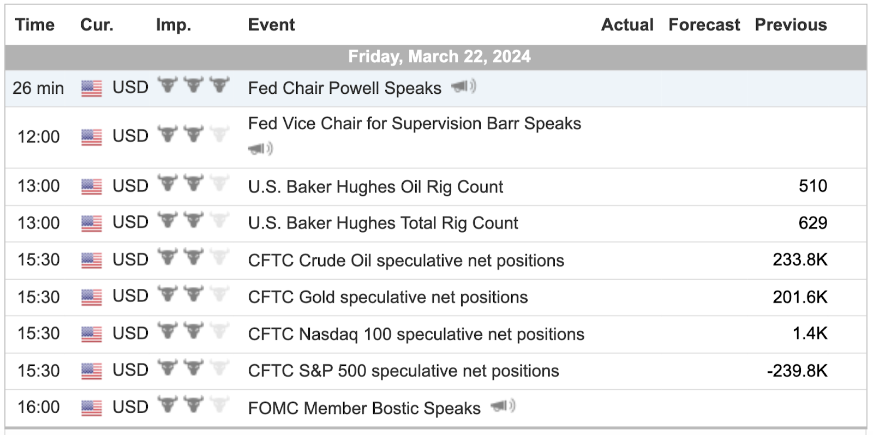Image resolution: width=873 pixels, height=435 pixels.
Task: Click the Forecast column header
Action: pyautogui.click(x=704, y=25)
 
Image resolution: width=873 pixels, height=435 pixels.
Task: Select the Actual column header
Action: pyautogui.click(x=627, y=25)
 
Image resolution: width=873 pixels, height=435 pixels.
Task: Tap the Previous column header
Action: pyautogui.click(x=791, y=25)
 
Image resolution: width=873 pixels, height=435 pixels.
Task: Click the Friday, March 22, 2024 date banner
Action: pyautogui.click(x=439, y=57)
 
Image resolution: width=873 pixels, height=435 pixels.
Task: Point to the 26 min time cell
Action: pyautogui.click(x=38, y=88)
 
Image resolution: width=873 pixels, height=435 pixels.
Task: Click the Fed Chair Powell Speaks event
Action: pyautogui.click(x=344, y=88)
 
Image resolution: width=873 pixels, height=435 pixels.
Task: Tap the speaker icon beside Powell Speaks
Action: pyautogui.click(x=463, y=86)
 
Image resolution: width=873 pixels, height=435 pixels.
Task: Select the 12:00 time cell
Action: pyautogui.click(x=38, y=137)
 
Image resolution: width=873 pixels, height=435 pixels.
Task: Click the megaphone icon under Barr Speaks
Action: pyautogui.click(x=260, y=148)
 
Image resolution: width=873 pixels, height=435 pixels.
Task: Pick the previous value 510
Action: pyautogui.click(x=812, y=186)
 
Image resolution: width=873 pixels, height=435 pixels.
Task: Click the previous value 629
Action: pyautogui.click(x=812, y=223)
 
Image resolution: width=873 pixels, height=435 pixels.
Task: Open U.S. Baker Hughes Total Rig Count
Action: pyautogui.click(x=383, y=223)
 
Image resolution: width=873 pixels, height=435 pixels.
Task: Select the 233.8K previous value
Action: pyautogui.click(x=800, y=260)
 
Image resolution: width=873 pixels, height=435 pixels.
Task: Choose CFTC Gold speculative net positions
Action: pyautogui.click(x=388, y=298)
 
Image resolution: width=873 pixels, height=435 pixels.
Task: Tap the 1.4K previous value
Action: pyautogui.click(x=810, y=334)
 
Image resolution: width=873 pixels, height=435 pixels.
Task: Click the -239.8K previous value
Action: pyautogui.click(x=797, y=371)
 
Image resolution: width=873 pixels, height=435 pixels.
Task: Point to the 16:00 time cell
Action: pyautogui.click(x=38, y=407)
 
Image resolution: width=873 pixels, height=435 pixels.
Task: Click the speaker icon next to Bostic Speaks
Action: pyautogui.click(x=503, y=406)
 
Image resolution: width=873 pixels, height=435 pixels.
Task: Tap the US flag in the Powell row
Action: pyautogui.click(x=92, y=88)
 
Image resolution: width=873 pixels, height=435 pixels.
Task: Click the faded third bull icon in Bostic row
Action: pyautogui.click(x=219, y=404)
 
